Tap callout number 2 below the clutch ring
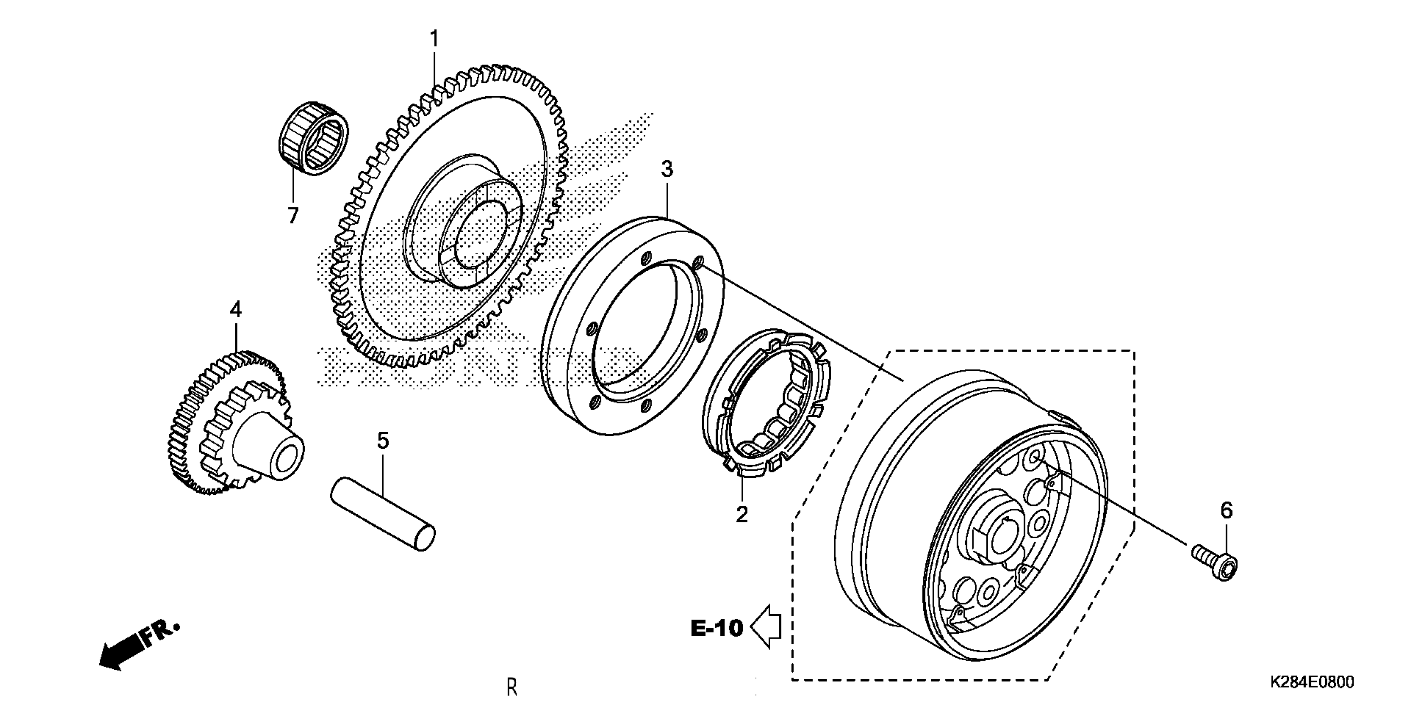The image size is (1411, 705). click(741, 515)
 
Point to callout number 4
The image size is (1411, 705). click(236, 310)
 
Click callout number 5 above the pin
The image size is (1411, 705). click(383, 440)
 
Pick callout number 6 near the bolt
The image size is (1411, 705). click(1226, 511)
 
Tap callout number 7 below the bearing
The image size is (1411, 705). click(293, 216)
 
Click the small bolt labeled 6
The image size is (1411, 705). click(1215, 566)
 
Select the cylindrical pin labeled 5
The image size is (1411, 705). click(383, 513)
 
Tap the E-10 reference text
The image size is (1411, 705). click(716, 629)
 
